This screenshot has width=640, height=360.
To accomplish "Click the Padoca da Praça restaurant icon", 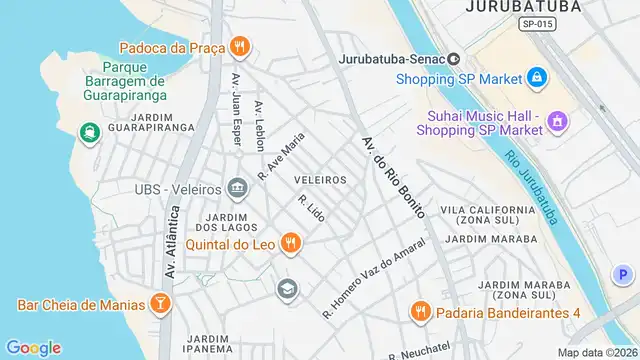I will (x=239, y=46).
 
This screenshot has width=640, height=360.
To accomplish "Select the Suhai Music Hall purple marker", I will (x=557, y=123).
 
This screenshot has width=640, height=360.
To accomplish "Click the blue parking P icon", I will (x=623, y=274).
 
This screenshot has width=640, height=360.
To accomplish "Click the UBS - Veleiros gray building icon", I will (x=237, y=188).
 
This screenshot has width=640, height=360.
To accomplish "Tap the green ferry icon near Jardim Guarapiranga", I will (x=89, y=132).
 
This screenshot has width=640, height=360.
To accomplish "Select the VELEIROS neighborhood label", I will (x=321, y=180).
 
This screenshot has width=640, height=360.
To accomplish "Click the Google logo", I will (x=33, y=347).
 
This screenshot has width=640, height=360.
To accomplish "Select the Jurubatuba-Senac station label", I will (x=393, y=59).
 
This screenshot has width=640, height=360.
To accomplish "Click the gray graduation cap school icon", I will (x=288, y=288).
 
